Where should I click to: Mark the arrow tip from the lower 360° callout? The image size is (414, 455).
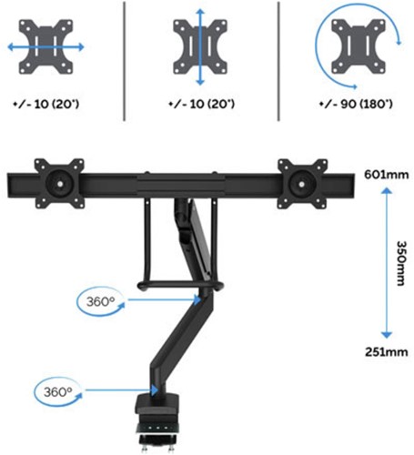click(x=157, y=394)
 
